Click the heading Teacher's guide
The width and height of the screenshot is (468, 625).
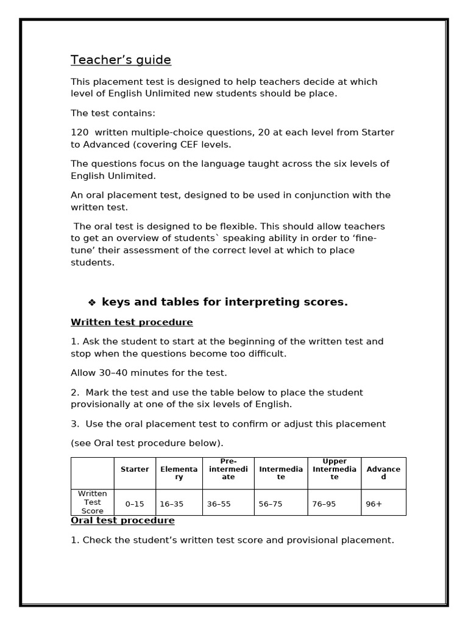click(121, 60)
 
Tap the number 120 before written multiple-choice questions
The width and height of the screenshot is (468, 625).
click(79, 132)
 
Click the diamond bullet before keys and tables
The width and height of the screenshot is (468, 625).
click(92, 303)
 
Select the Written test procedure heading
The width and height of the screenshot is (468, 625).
click(132, 322)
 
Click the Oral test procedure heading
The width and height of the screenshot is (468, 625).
click(122, 520)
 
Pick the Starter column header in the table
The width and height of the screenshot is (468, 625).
click(135, 469)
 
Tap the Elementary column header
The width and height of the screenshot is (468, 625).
click(179, 473)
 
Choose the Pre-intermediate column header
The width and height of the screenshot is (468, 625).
click(228, 469)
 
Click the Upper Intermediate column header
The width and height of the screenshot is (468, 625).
click(334, 469)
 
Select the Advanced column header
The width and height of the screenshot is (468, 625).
click(383, 473)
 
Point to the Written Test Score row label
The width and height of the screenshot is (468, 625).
click(92, 502)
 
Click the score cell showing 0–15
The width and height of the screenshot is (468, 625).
click(135, 504)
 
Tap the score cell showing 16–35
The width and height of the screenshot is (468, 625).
click(171, 504)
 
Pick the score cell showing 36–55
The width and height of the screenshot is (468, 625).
click(219, 504)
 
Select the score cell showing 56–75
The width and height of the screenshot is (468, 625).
click(271, 504)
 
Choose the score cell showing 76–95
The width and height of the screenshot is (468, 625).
click(324, 504)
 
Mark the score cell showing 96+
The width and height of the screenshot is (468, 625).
click(374, 504)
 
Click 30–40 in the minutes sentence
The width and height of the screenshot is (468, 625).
click(114, 372)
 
